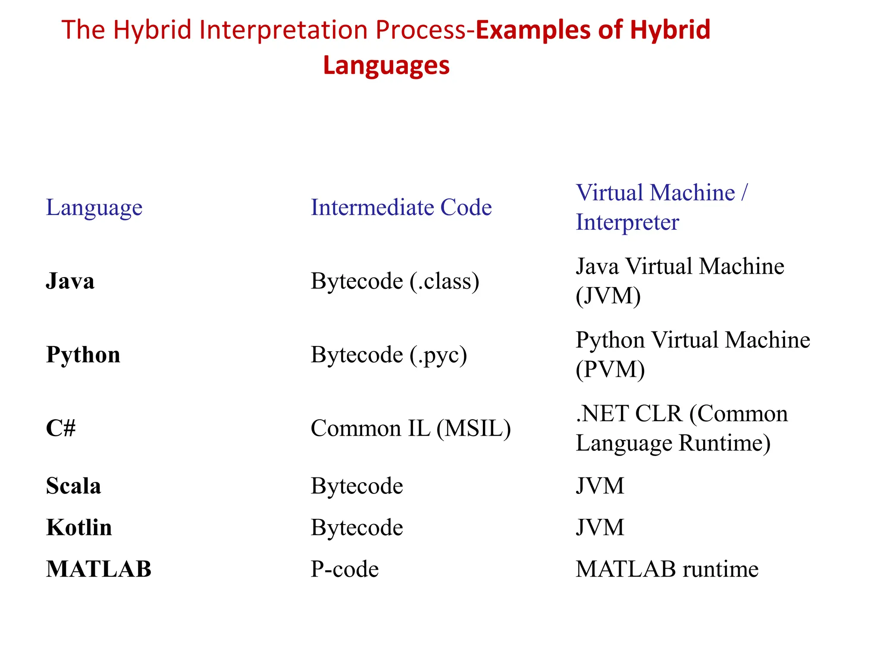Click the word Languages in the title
[x=386, y=66]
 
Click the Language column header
[x=94, y=207]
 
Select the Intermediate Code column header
[x=401, y=207]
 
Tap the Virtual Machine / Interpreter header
[x=661, y=207]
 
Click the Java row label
[x=70, y=281]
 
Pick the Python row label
[x=83, y=355]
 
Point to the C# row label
[x=61, y=428]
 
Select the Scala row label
[x=73, y=486]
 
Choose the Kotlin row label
[x=79, y=527]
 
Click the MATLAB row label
[x=99, y=569]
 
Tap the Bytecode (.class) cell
[x=395, y=281]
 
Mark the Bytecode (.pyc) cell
[x=389, y=355]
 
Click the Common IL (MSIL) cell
[x=410, y=428]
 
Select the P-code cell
[x=344, y=569]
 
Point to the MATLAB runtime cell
[x=667, y=569]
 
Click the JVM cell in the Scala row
[x=600, y=486]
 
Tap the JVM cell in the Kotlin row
[x=600, y=527]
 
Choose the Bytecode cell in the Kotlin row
[x=357, y=527]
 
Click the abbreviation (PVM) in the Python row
[x=610, y=369]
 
